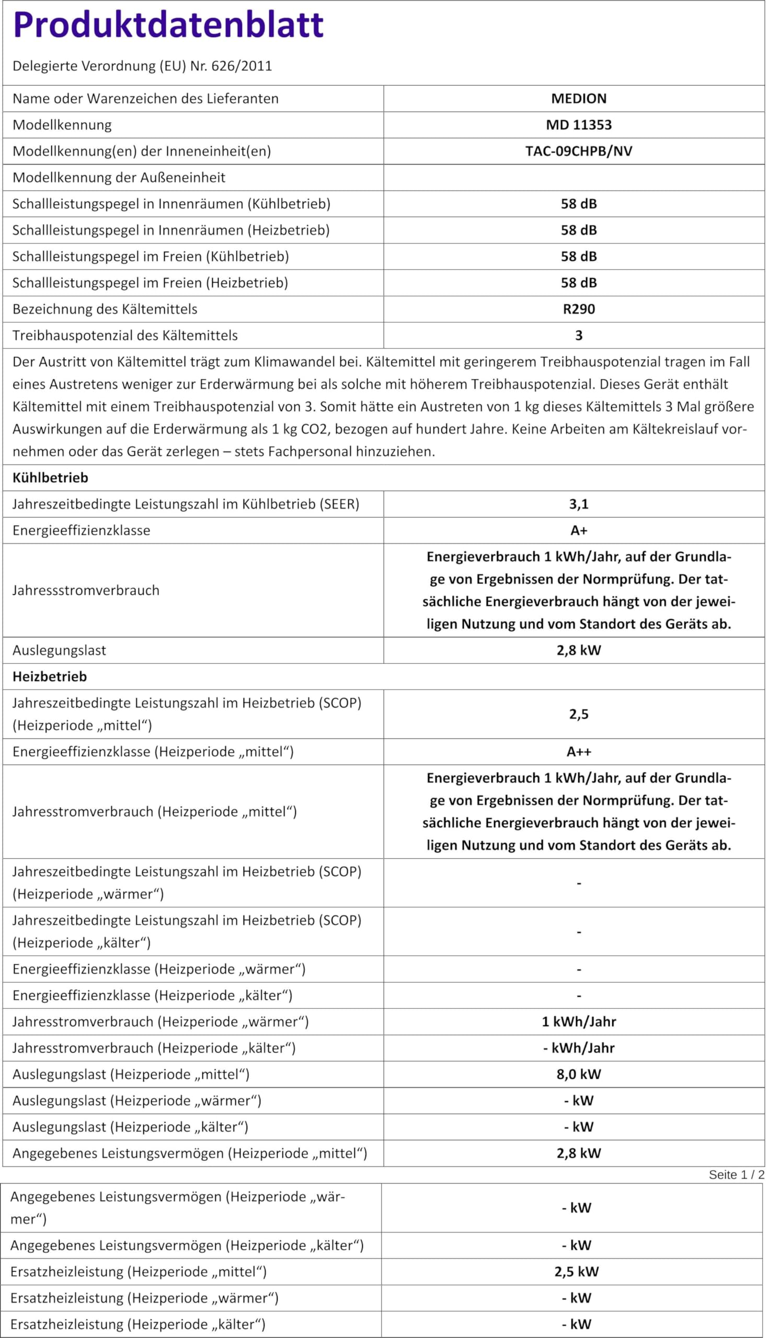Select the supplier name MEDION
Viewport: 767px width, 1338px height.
point(578,98)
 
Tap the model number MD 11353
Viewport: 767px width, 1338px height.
point(578,125)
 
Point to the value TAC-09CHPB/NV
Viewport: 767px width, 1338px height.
point(578,151)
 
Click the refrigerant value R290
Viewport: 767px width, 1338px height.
point(578,309)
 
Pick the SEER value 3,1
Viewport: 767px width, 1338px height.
point(578,504)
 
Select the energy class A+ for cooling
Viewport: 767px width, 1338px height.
point(578,530)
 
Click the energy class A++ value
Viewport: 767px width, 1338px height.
point(578,752)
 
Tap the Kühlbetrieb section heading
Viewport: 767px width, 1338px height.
point(50,478)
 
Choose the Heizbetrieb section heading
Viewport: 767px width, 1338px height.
point(50,677)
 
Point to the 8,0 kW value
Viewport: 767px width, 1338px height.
point(578,1074)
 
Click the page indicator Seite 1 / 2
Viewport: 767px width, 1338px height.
point(736,1175)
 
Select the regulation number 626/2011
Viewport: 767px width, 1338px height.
point(241,66)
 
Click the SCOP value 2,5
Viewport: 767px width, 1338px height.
point(578,714)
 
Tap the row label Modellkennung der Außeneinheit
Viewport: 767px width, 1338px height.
point(119,178)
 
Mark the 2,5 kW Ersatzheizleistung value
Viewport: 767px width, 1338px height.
point(576,1272)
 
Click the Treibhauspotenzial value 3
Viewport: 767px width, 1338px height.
point(578,336)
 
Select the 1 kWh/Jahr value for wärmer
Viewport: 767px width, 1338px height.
point(578,1022)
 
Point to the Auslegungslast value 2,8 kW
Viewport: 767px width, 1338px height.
point(578,650)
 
